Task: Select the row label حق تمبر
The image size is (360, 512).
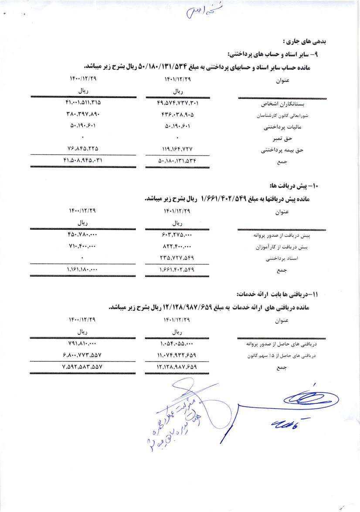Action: (x=293, y=139)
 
